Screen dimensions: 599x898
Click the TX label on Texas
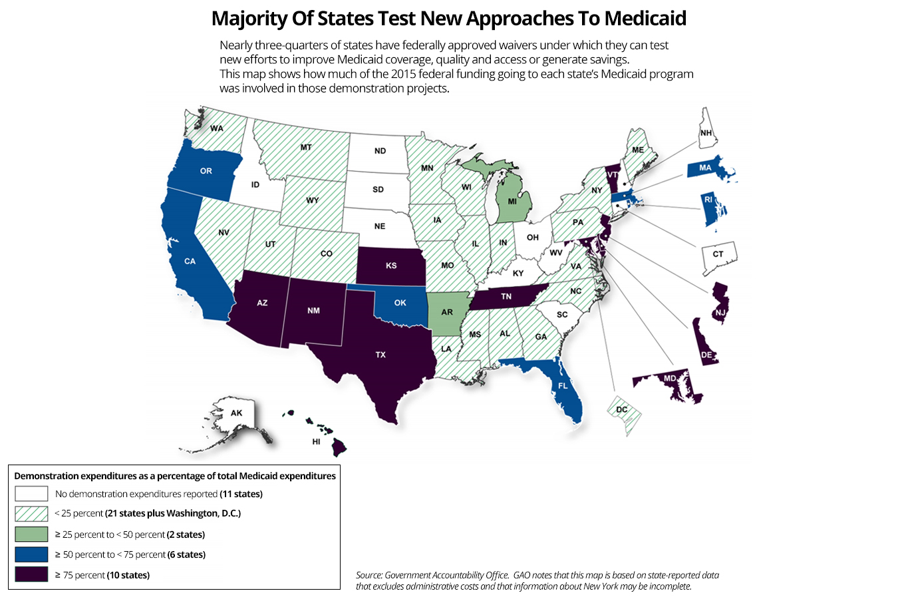pyautogui.click(x=380, y=355)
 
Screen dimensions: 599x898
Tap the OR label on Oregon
pyautogui.click(x=206, y=171)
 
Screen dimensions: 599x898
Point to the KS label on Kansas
pyautogui.click(x=391, y=266)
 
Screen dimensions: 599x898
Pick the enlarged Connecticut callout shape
pyautogui.click(x=718, y=257)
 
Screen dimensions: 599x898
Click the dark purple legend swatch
pyautogui.click(x=31, y=574)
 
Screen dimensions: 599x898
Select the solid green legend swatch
pyautogui.click(x=31, y=534)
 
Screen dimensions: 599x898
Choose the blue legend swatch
pyautogui.click(x=31, y=554)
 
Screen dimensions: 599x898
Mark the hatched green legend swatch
pyautogui.click(x=31, y=513)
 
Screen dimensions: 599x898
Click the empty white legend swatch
pyautogui.click(x=31, y=493)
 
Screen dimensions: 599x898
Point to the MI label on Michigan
pyautogui.click(x=512, y=201)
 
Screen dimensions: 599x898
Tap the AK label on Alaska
pyautogui.click(x=237, y=413)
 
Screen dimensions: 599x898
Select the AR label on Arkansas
pyautogui.click(x=447, y=312)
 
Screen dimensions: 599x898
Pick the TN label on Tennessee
pyautogui.click(x=506, y=296)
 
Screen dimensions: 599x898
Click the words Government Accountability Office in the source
pyautogui.click(x=446, y=575)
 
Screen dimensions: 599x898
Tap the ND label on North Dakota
pyautogui.click(x=380, y=151)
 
